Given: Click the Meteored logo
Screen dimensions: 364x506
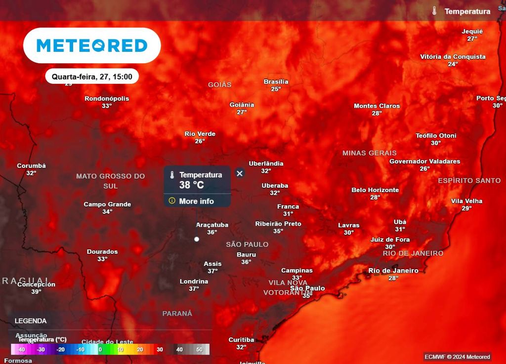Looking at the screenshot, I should (x=92, y=45).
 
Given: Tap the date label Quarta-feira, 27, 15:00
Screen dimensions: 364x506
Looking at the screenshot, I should (x=92, y=77).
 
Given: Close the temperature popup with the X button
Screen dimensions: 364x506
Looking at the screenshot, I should (x=240, y=173).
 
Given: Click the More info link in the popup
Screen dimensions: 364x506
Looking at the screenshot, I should (x=196, y=201).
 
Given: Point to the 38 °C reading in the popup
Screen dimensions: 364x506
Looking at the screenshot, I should (x=192, y=185).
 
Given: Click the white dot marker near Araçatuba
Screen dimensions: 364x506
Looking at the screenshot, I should (x=197, y=239).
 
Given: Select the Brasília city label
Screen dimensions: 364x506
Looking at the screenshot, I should (x=276, y=82).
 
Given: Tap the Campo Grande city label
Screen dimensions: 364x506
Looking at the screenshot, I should (x=107, y=204).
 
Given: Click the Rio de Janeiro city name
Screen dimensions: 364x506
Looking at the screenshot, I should (x=393, y=271).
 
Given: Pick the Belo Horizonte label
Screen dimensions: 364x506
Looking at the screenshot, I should (x=375, y=190).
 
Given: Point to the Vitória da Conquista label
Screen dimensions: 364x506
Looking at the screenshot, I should (x=453, y=57).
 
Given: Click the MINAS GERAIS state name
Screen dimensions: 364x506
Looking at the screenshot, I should (x=370, y=153).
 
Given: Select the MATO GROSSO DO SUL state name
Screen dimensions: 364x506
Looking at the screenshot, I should (x=111, y=181).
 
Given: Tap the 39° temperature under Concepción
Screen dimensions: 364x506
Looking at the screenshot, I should (x=36, y=292).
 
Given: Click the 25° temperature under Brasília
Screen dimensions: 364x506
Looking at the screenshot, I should (x=276, y=89).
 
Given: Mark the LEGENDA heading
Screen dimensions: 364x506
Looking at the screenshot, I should (x=31, y=321).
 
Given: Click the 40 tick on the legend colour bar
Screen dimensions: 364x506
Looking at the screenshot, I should (x=179, y=349).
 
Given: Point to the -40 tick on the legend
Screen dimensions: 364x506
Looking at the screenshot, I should (x=21, y=349).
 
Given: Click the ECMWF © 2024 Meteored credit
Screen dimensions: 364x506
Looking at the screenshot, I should (x=457, y=357).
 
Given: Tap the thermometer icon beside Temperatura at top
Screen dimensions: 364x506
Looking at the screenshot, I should (x=434, y=11).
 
